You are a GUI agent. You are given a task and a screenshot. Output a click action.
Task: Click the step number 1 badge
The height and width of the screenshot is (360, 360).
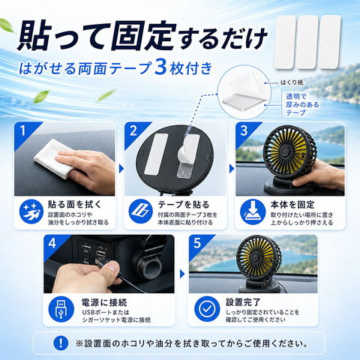pyautogui.click(x=23, y=130)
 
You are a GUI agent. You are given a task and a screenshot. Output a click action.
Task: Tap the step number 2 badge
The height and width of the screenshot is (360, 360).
pyautogui.click(x=133, y=130)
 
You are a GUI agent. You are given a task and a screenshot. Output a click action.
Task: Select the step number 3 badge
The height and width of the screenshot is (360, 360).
pyautogui.click(x=244, y=130)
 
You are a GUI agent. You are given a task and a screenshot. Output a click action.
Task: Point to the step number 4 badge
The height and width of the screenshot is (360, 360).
pyautogui.click(x=52, y=243)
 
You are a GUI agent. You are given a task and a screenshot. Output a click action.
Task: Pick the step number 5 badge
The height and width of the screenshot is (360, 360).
pyautogui.click(x=197, y=243)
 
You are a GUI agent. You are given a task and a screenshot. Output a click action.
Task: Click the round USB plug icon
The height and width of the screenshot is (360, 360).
pyautogui.click(x=61, y=310)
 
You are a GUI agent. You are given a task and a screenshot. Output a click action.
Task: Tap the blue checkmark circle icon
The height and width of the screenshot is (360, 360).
pyautogui.click(x=207, y=309)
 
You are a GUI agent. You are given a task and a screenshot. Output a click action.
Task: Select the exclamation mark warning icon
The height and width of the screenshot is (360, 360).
pyautogui.click(x=61, y=343)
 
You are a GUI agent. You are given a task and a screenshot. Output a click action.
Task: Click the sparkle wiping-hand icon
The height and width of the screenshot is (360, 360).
pyautogui.click(x=31, y=211)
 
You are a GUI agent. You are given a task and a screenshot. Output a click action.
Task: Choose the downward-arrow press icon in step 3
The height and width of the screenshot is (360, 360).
pyautogui.click(x=253, y=211)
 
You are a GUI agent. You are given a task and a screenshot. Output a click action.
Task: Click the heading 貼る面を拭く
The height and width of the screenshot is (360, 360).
pyautogui.click(x=74, y=205)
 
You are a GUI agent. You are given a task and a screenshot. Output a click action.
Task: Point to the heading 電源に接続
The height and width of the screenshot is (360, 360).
pyautogui.click(x=104, y=302)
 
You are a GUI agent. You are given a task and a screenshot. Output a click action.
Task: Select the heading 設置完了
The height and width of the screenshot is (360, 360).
pyautogui.click(x=243, y=302)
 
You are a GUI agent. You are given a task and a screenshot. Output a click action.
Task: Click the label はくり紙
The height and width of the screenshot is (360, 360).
pyautogui.click(x=292, y=82)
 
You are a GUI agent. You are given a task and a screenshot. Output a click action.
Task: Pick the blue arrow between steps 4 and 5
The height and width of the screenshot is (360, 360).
pyautogui.click(x=182, y=274)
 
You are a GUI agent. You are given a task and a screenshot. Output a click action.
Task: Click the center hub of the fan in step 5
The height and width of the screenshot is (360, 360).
pyautogui.click(x=256, y=256)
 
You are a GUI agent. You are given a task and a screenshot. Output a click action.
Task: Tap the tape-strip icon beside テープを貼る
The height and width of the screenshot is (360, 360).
pyautogui.click(x=140, y=211)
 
